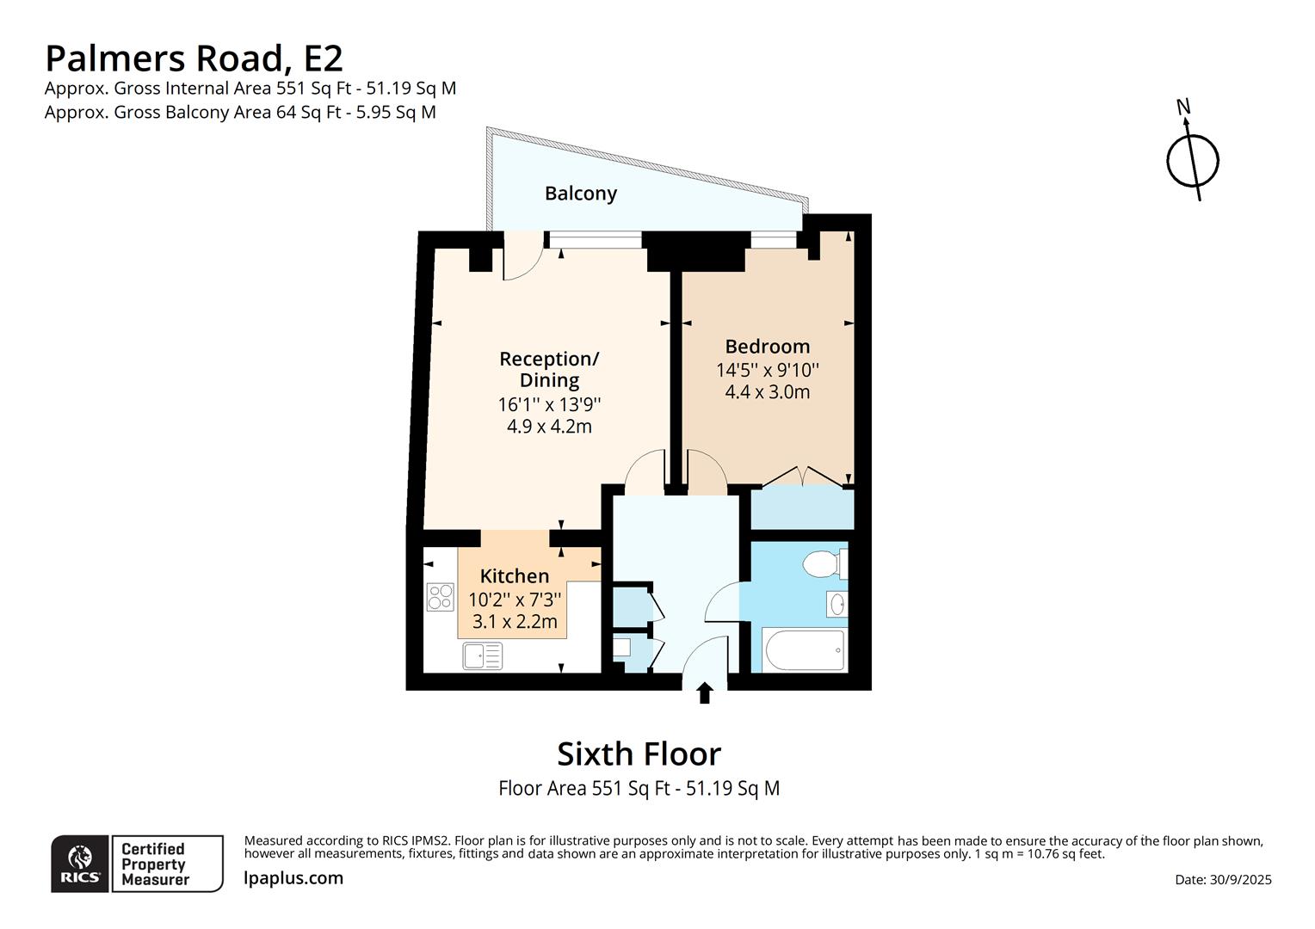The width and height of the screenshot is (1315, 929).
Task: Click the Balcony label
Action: (580, 193)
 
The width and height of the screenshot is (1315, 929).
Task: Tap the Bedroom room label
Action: (767, 347)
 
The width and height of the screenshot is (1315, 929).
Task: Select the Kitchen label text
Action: (514, 576)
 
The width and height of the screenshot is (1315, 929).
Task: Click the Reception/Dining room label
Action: (549, 369)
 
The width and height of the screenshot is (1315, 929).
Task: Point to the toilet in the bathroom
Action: (823, 564)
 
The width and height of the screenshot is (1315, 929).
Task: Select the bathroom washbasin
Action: (837, 605)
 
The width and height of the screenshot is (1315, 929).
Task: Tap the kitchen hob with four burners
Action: (441, 597)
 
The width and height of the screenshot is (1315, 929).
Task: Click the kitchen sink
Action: (482, 656)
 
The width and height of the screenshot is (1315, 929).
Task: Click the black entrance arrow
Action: (705, 692)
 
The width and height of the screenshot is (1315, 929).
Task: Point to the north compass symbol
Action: (1192, 158)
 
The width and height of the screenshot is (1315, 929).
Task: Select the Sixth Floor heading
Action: (639, 754)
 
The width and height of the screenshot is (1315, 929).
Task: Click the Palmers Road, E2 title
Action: (194, 58)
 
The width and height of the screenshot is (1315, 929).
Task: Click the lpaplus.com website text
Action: (293, 878)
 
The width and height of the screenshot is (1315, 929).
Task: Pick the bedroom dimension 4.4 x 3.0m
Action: (767, 392)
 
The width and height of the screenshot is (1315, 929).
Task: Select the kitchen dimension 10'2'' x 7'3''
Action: (515, 599)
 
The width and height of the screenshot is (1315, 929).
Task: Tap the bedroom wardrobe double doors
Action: (802, 477)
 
